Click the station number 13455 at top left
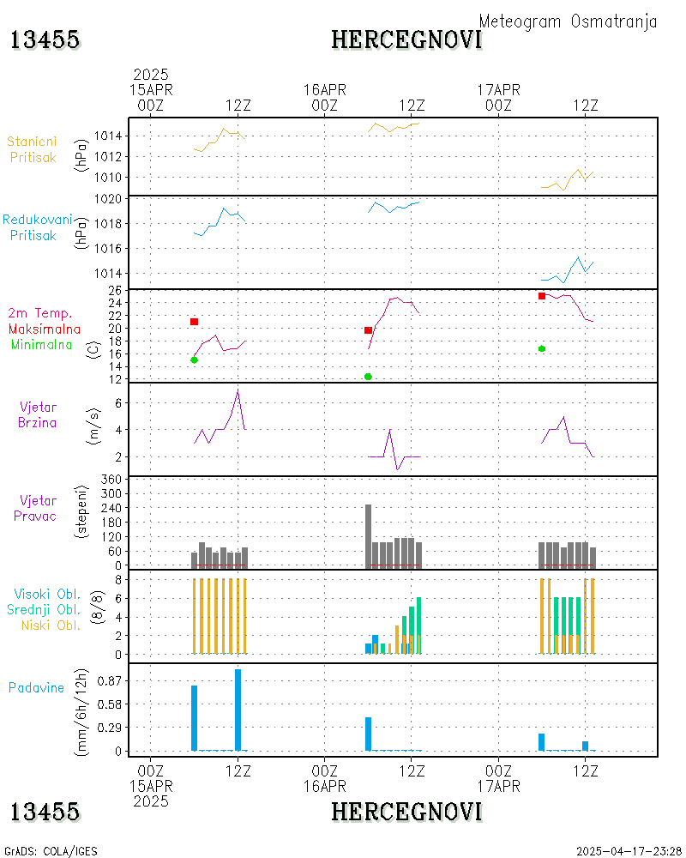point(45,39)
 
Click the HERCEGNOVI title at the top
point(406,39)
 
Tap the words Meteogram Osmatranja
point(568,21)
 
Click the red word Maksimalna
point(45,329)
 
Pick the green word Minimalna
point(43,344)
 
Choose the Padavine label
point(37,687)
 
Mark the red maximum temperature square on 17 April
point(542,296)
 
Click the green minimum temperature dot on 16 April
point(368,377)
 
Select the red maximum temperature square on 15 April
point(195,322)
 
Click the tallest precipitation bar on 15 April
point(238,710)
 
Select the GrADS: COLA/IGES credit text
point(51,851)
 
